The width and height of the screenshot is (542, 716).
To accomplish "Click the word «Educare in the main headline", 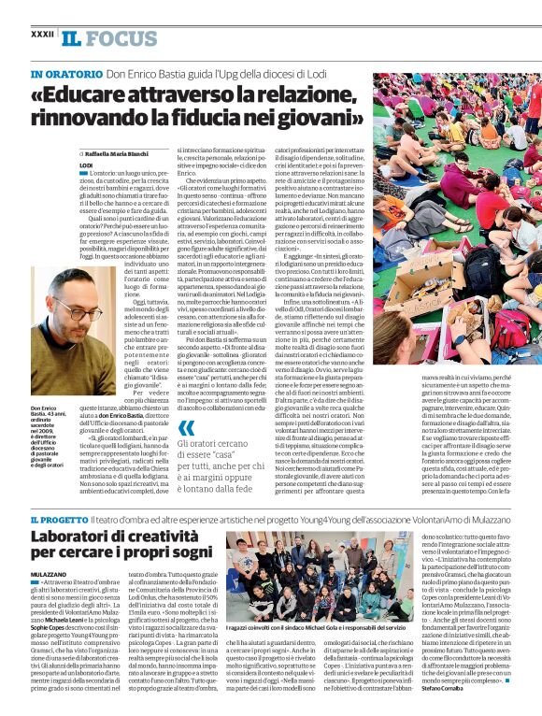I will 81,94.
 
